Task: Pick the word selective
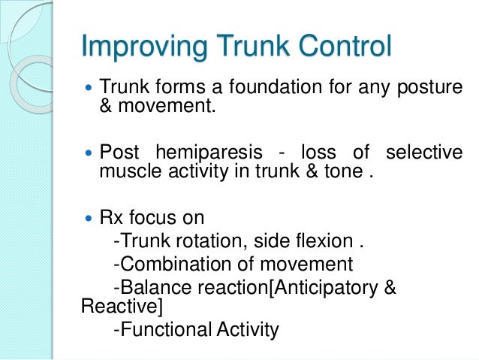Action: click(424, 153)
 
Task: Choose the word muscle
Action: click(125, 172)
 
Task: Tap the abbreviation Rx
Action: click(110, 219)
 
